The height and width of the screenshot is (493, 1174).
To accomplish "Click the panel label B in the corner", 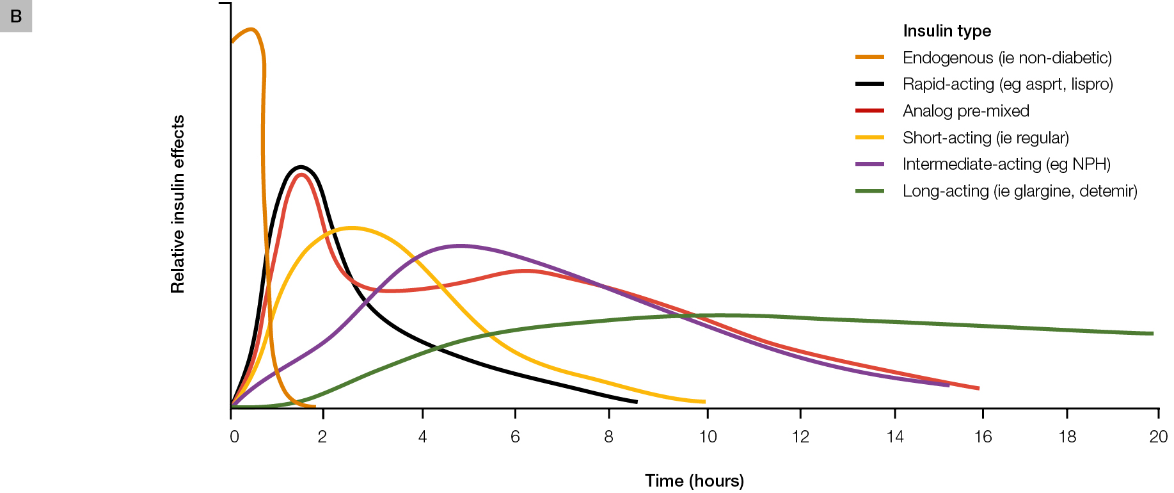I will [x=16, y=16].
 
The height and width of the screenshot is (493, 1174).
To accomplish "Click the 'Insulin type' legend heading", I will [x=947, y=31].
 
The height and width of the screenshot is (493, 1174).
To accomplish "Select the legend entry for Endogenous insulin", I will [x=1007, y=58].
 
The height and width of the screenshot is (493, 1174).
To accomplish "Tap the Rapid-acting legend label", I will [x=1008, y=84].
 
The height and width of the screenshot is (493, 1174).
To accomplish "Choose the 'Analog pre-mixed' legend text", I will [x=965, y=111].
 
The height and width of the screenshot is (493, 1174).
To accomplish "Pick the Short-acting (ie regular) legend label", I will [x=985, y=138].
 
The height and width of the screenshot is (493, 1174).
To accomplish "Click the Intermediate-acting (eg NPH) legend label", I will [x=1006, y=164].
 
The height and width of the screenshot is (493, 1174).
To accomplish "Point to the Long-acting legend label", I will [x=1020, y=191].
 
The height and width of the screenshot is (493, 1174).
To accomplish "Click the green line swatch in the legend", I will [x=869, y=191].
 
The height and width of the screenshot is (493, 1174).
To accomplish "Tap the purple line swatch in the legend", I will [x=869, y=164].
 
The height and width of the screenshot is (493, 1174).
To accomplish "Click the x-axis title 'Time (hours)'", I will [x=694, y=480].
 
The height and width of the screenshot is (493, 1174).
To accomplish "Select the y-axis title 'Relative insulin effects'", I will [x=178, y=204].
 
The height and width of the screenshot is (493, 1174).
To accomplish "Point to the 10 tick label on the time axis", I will [x=708, y=437].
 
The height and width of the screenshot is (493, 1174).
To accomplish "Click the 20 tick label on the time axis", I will [x=1158, y=437].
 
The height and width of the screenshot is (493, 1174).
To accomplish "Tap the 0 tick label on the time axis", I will [x=234, y=437].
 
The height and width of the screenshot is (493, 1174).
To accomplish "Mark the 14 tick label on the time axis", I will [x=894, y=437].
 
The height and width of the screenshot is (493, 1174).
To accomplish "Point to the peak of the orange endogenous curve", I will [x=251, y=29].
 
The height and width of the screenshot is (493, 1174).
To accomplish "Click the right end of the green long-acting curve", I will [x=1152, y=334].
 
